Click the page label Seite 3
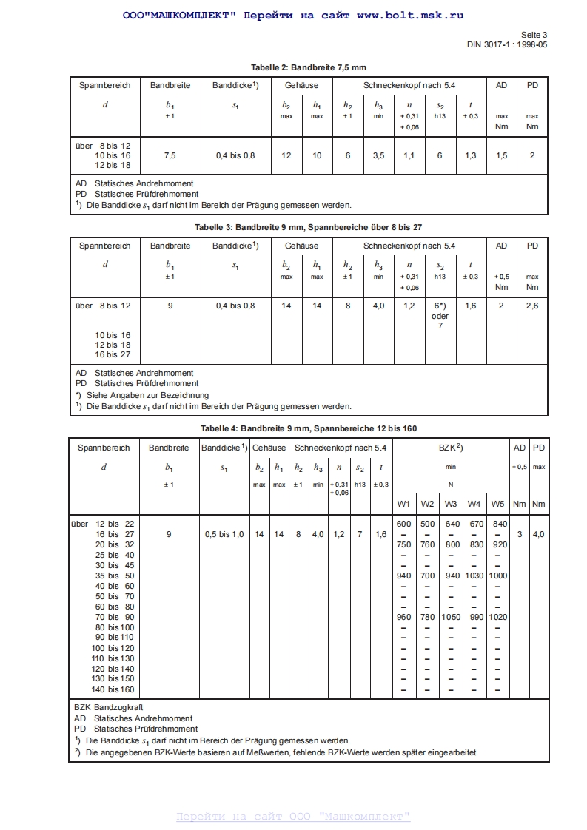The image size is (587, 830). (x=534, y=34)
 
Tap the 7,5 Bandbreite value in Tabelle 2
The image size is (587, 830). (x=170, y=155)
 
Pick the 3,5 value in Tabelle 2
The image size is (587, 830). (x=378, y=155)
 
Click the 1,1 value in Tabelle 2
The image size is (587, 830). (x=409, y=155)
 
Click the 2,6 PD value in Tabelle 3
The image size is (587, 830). (x=532, y=306)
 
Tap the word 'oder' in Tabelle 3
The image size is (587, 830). (x=440, y=316)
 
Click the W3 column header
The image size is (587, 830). (x=451, y=505)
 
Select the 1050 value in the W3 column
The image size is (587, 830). (x=451, y=617)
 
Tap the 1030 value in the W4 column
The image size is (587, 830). (x=474, y=576)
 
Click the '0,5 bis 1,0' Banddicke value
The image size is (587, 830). (x=224, y=534)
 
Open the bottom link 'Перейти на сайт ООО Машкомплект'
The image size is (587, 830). (x=293, y=817)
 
